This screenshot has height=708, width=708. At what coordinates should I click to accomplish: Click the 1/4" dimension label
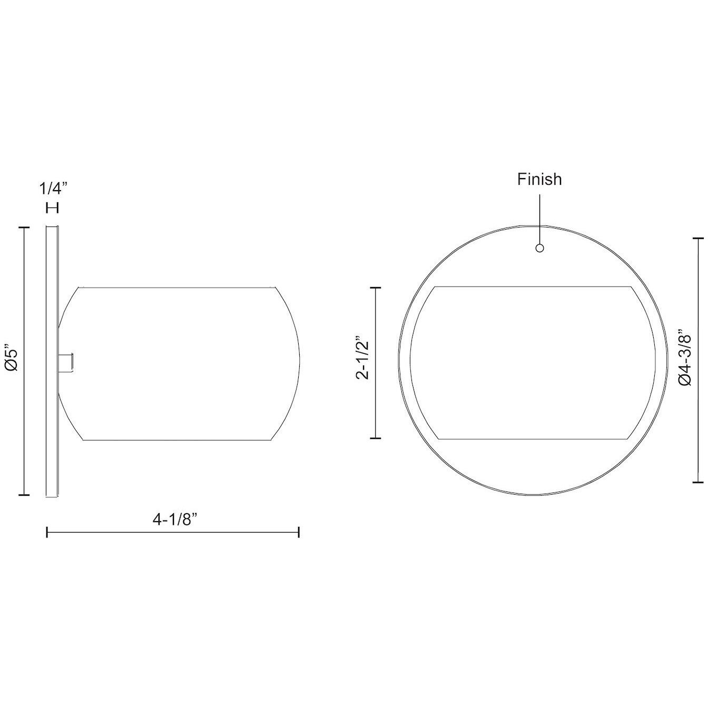coord(54,188)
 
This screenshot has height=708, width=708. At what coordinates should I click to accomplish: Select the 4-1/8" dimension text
coord(174,519)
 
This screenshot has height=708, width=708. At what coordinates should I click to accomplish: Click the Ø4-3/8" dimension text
coord(685,359)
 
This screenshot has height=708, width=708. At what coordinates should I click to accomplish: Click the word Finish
coord(539,180)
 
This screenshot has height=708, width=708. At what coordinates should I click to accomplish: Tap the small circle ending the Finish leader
coord(539,248)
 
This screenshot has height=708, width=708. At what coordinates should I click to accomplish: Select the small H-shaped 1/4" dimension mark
coord(53,209)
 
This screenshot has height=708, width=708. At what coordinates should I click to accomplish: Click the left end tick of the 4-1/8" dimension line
coord(47,533)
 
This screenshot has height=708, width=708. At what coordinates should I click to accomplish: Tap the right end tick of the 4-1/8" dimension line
coord(299,533)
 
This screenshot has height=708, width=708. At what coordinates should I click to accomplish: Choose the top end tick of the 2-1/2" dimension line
coord(375,288)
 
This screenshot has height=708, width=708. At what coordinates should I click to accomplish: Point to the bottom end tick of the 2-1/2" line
coord(375,437)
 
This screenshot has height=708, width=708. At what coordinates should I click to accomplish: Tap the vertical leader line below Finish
coord(539,219)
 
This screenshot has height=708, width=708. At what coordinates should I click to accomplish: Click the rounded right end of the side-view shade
coord(298,363)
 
